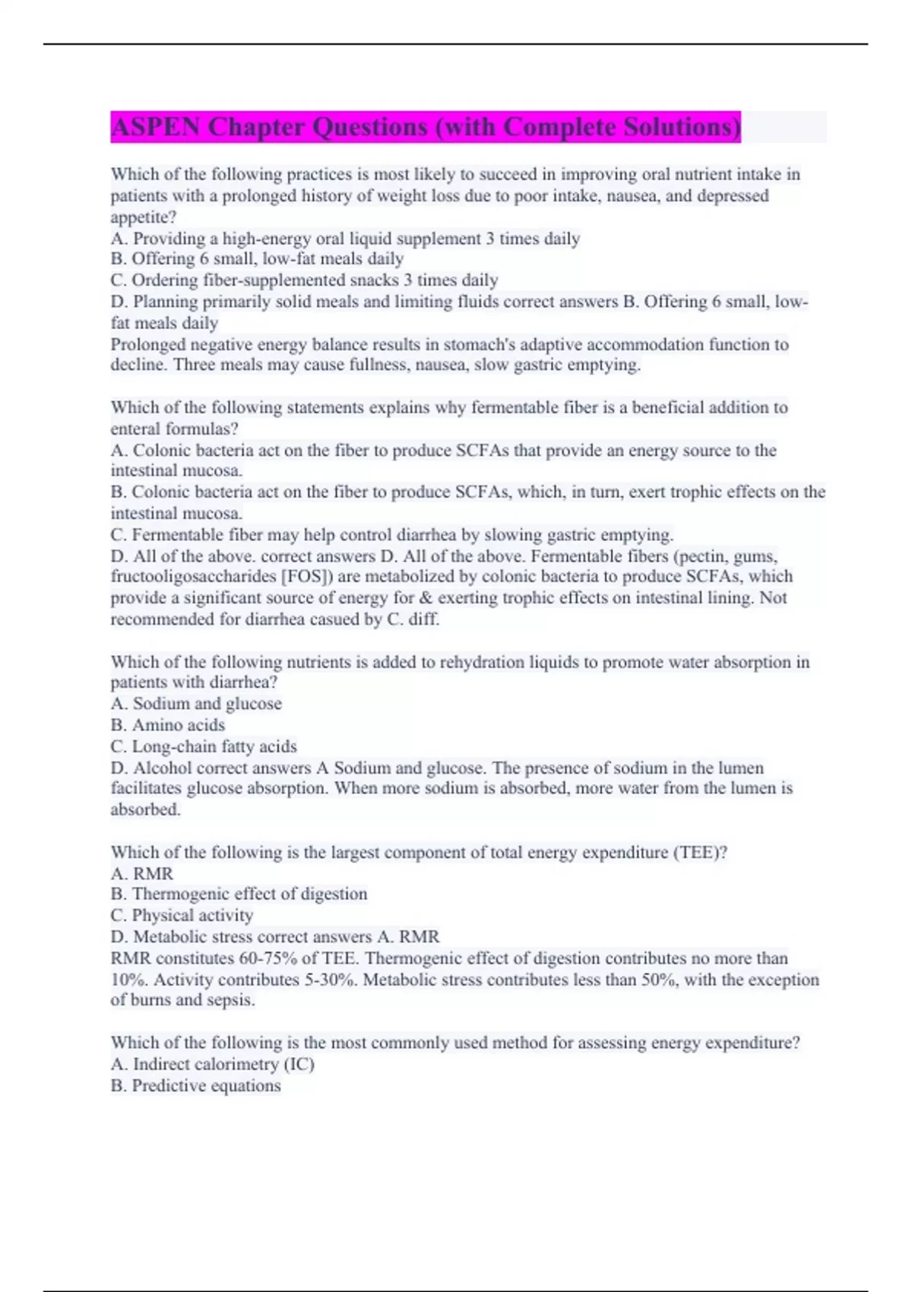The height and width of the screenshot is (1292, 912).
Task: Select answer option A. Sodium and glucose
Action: click(196, 704)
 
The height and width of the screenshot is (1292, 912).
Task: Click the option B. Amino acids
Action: click(168, 725)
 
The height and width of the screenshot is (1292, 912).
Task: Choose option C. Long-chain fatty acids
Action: click(204, 746)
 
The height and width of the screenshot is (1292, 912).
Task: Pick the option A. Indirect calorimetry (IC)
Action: click(213, 1064)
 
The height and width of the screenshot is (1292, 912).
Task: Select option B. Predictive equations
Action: click(196, 1085)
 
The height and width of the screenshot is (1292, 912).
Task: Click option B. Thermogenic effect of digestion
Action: click(239, 894)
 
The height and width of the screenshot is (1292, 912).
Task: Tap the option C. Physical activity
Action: click(182, 915)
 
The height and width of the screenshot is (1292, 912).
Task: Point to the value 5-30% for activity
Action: click(331, 980)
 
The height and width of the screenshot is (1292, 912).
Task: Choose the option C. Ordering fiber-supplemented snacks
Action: click(304, 280)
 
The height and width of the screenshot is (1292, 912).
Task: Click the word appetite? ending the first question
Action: click(144, 217)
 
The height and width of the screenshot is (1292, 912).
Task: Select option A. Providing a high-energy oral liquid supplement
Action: click(345, 239)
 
